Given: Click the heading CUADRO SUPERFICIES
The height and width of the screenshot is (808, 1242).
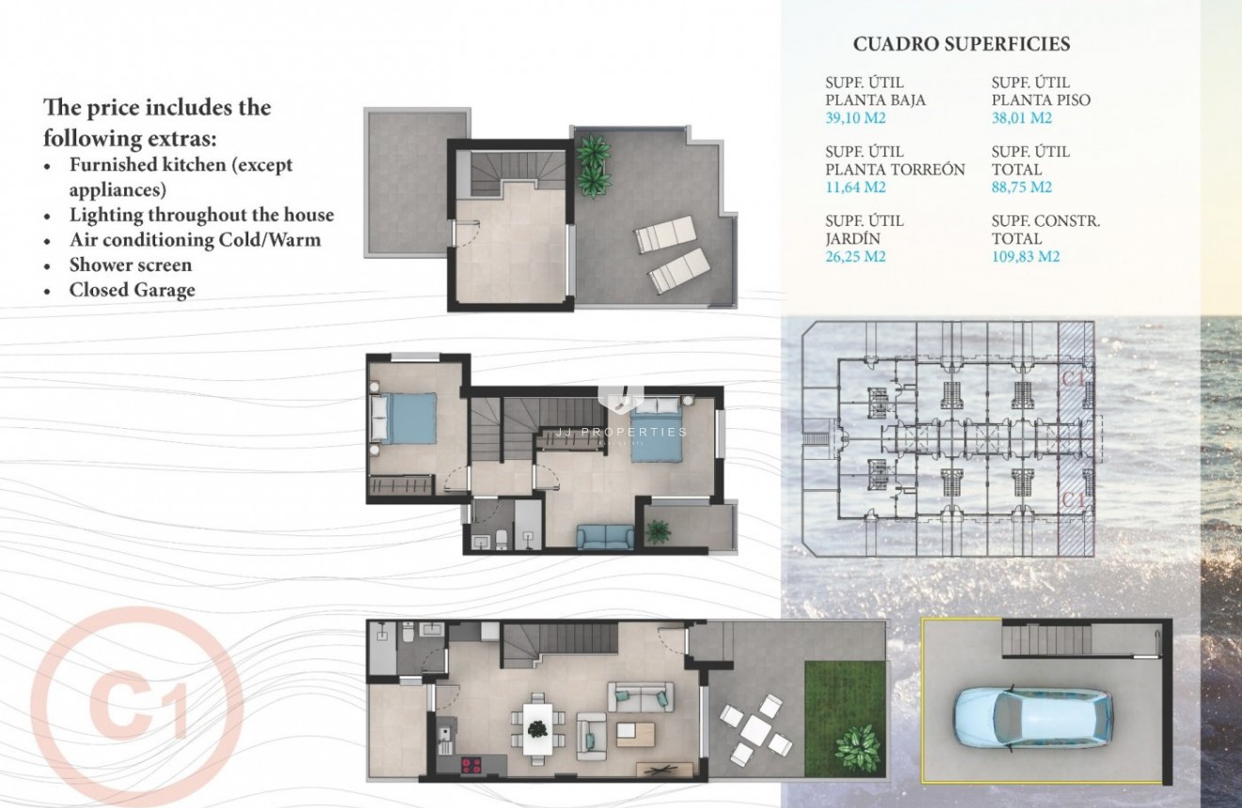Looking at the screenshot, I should pos(961,44).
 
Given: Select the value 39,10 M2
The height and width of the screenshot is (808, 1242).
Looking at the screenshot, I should pos(855,119).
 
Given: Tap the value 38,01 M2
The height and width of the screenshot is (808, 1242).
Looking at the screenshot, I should pos(1022,119).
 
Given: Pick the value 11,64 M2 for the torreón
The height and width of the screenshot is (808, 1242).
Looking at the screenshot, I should pos(855,187).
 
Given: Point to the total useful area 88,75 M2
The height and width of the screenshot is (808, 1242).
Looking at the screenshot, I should pos(1022,187).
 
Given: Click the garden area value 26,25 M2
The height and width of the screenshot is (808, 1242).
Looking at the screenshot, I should pos(855,256).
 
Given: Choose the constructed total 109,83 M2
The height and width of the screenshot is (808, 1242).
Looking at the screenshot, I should pos(1026,256).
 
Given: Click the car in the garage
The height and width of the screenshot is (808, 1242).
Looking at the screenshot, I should pos(1032,714).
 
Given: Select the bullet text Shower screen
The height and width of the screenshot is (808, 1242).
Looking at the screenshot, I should pos(130,265).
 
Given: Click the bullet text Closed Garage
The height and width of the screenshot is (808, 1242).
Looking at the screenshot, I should pos(132,290).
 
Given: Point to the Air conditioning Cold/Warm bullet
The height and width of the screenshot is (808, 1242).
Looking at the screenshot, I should pos(195,240).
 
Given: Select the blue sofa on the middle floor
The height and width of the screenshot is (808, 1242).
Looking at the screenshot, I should pos(605,537).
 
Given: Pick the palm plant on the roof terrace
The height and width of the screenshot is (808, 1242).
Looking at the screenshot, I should pos(594,166).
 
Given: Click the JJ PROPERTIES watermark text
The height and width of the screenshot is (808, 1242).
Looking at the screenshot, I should pos(634,432).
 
